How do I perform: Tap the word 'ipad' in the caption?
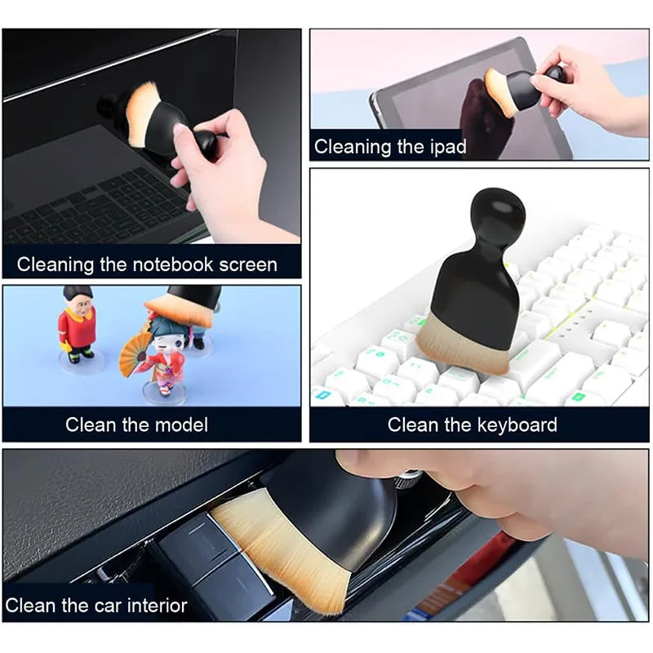447,147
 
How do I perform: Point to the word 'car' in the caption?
104,606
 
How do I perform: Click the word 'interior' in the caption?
155,606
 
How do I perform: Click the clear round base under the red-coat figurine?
81,362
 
